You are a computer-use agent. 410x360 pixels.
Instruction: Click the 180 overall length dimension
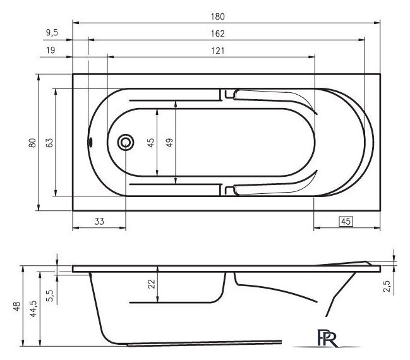click(217, 16)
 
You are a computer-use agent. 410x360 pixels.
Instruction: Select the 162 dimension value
click(217, 33)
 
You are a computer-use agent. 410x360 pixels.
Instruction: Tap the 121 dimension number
click(217, 51)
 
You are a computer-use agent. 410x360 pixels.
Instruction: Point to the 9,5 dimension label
click(52, 33)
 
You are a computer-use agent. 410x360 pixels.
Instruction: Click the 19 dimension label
click(51, 50)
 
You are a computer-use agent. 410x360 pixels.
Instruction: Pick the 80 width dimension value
click(32, 143)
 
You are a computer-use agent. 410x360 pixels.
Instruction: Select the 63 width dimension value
click(49, 143)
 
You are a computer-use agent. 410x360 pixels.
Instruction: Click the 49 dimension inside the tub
click(169, 143)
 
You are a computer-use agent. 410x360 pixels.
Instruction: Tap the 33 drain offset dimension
click(99, 222)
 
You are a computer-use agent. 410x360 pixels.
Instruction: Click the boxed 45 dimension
click(346, 222)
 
